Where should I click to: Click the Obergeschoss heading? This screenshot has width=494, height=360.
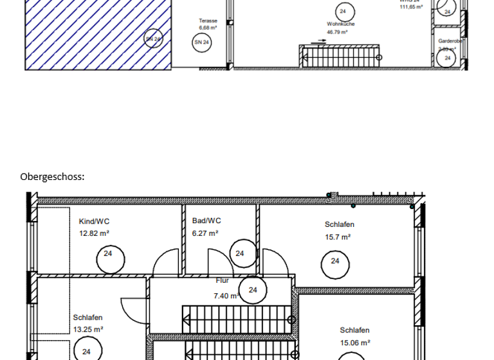[x=52, y=177]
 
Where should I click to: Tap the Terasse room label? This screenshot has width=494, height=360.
[x=208, y=21]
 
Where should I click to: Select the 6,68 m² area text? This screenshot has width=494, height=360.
[x=208, y=28]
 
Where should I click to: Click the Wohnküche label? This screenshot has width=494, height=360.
[x=340, y=24]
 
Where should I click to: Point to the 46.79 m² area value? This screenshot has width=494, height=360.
[x=337, y=32]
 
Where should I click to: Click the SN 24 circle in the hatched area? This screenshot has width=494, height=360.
[x=152, y=39]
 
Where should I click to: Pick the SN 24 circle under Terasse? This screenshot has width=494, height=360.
[x=201, y=42]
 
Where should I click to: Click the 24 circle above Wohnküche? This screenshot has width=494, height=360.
[x=343, y=11]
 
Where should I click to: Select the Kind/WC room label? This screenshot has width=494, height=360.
[x=94, y=221]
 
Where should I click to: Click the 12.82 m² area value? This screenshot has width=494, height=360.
[x=94, y=233]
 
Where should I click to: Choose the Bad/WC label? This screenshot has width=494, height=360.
[x=206, y=221]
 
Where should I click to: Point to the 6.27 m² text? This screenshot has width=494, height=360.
[x=205, y=233]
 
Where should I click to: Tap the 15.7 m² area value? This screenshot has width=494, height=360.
[x=338, y=237]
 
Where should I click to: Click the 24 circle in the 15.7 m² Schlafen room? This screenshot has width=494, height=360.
[x=335, y=261]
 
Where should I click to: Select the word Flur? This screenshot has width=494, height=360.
[x=222, y=280]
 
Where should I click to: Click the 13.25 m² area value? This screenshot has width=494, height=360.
[x=88, y=329]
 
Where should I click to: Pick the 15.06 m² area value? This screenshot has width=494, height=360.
[x=354, y=343]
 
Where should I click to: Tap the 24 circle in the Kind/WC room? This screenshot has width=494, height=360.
[x=108, y=254]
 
